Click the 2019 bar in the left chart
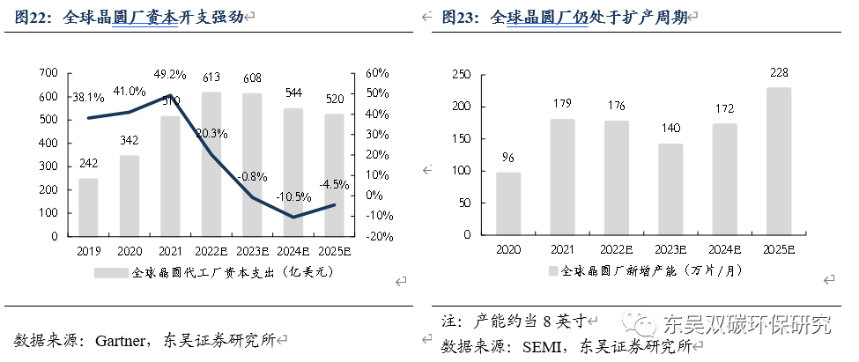point(88,207)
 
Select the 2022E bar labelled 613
point(211,164)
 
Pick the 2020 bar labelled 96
point(507,203)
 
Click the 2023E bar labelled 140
point(670,189)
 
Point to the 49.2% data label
point(170,74)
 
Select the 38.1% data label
point(88,98)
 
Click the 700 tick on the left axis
point(49,72)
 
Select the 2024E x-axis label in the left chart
point(293,250)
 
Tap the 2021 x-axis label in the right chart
point(562,250)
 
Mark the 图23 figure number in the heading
point(458,17)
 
